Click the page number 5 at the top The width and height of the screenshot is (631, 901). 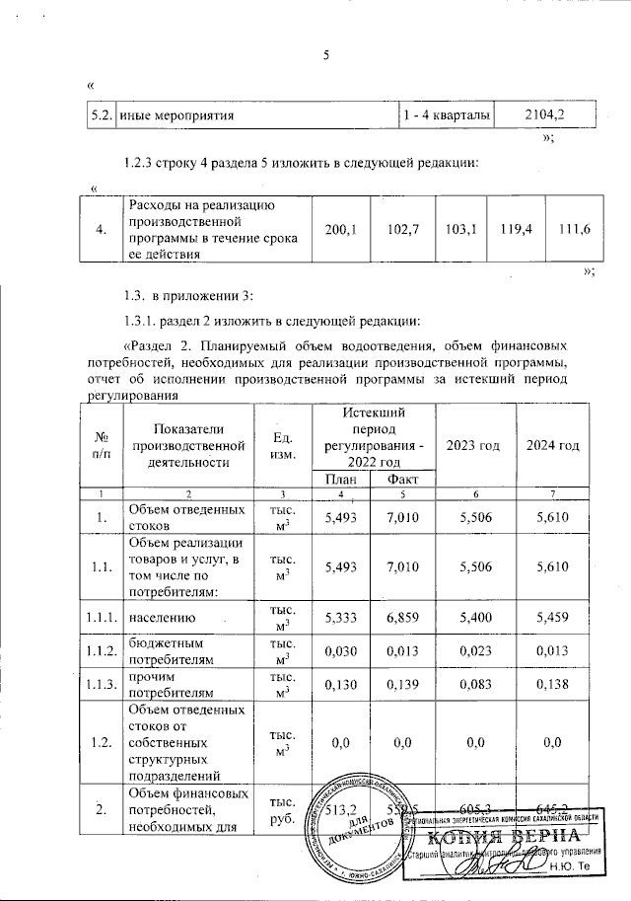click(325, 54)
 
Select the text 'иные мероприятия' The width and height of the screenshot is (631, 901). click(175, 116)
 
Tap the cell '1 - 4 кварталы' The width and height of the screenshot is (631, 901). click(446, 115)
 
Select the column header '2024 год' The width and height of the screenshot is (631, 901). click(552, 445)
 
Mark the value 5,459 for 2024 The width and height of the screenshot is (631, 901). click(552, 619)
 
